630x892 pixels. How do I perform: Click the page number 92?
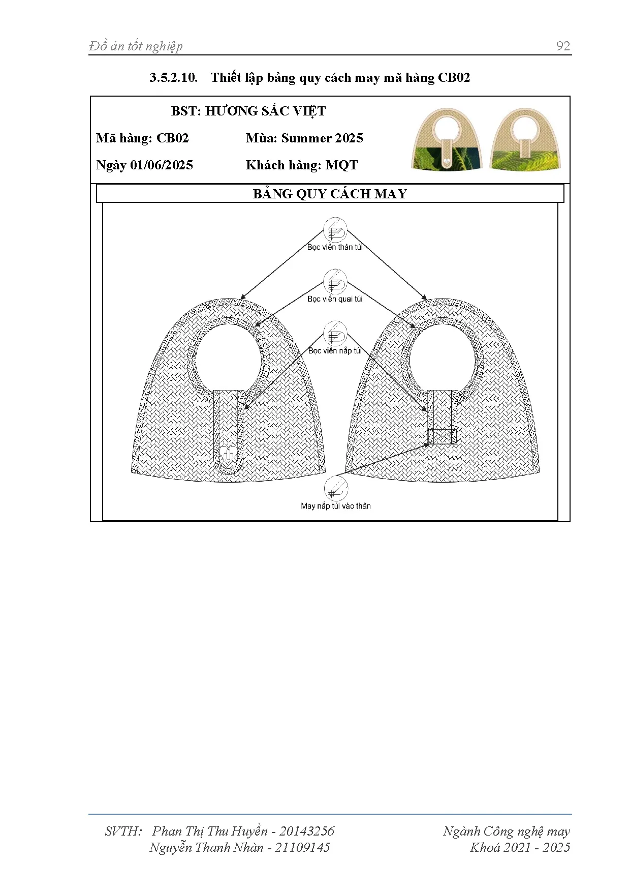click(563, 46)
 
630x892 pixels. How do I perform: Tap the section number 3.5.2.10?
click(173, 78)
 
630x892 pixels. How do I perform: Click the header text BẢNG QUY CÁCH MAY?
click(330, 194)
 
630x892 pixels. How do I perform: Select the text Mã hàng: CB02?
click(142, 138)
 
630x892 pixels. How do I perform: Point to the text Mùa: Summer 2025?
click(304, 138)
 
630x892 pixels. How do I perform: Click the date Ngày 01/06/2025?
click(144, 165)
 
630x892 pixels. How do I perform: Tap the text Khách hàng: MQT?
click(302, 165)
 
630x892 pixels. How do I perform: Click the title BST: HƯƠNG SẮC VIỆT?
click(248, 111)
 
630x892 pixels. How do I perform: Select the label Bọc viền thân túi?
click(335, 247)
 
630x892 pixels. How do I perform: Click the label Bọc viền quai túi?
click(335, 299)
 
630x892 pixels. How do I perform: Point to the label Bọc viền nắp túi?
click(335, 350)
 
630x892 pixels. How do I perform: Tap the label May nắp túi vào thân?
click(336, 506)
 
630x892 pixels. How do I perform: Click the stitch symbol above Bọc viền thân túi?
click(335, 230)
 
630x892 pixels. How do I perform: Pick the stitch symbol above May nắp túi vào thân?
click(336, 489)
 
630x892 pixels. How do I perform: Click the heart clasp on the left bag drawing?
click(228, 454)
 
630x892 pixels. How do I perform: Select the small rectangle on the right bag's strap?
click(442, 437)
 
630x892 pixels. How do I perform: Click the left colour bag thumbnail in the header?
click(446, 139)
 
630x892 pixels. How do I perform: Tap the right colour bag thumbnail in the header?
click(525, 139)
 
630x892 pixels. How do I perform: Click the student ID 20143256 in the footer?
click(307, 831)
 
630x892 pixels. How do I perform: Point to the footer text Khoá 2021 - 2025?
click(520, 847)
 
